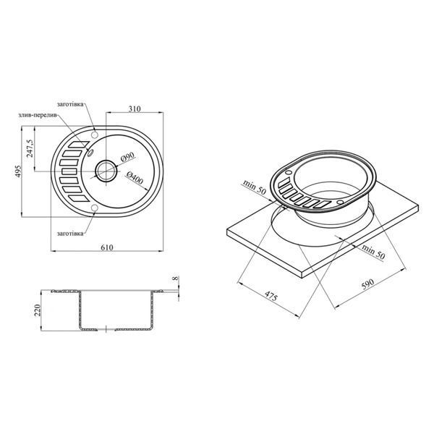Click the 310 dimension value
135,109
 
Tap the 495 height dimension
17,171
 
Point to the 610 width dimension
107,247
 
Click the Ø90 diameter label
127,157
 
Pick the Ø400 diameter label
135,178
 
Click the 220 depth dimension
37,310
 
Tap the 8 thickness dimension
176,278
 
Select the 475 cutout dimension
271,296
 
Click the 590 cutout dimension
368,284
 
